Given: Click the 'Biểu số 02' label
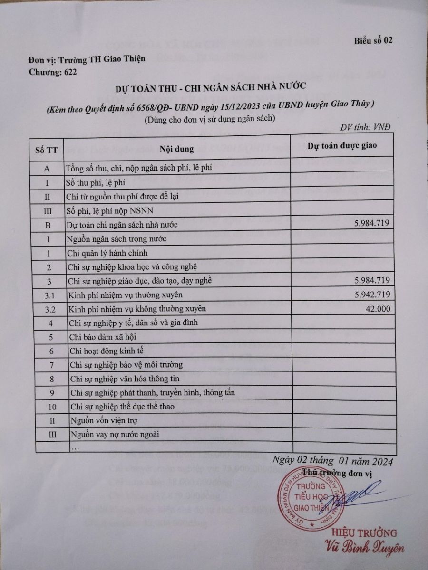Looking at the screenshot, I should pos(373,40).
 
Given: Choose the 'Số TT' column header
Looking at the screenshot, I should pos(47,149).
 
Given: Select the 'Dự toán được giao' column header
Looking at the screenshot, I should pos(342,145).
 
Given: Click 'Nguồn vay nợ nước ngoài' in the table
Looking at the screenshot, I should pos(114,435).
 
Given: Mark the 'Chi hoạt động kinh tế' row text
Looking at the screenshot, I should pos(106,351).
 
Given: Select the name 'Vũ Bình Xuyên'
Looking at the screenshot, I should pos(364,547).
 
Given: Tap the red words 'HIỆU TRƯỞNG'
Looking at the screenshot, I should pos(364,532).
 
